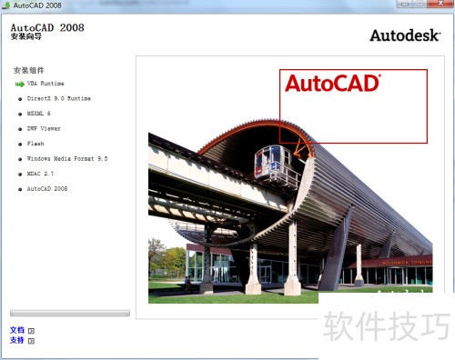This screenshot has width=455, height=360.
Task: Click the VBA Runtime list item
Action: pyautogui.click(x=45, y=83)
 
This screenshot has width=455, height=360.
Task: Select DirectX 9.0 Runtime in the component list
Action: pyautogui.click(x=58, y=97)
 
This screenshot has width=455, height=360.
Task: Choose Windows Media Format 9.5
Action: pyautogui.click(x=67, y=158)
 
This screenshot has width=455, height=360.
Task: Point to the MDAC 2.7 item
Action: pyautogui.click(x=42, y=173)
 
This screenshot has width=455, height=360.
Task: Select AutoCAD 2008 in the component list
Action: pyautogui.click(x=47, y=188)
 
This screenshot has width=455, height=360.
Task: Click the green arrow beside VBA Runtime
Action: pyautogui.click(x=19, y=83)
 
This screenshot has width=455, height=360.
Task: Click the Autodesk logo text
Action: pyautogui.click(x=404, y=35)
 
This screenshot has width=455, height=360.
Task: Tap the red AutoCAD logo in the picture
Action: pyautogui.click(x=332, y=84)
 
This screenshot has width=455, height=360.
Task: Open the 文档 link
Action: pyautogui.click(x=17, y=330)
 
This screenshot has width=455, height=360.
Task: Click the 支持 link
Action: pyautogui.click(x=17, y=340)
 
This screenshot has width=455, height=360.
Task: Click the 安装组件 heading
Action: pyautogui.click(x=28, y=70)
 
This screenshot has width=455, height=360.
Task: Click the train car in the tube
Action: pyautogui.click(x=277, y=163)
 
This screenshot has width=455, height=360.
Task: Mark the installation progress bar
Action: pyautogui.click(x=70, y=313)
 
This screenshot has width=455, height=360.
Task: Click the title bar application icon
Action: pyautogui.click(x=6, y=5)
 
